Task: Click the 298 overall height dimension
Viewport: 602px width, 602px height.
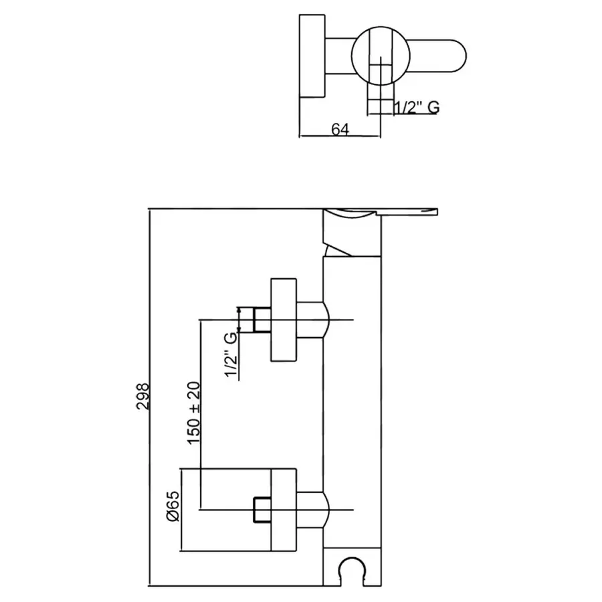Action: pyautogui.click(x=143, y=396)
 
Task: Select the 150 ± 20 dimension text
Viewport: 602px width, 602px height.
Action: pyautogui.click(x=194, y=413)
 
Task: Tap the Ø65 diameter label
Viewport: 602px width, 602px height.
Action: pyautogui.click(x=173, y=506)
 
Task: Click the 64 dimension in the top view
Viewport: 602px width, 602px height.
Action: pyautogui.click(x=340, y=129)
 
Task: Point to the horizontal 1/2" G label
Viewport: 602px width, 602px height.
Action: pyautogui.click(x=417, y=107)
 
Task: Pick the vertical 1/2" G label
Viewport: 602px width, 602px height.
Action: pyautogui.click(x=231, y=355)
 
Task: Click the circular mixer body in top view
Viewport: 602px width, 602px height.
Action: pyautogui.click(x=381, y=56)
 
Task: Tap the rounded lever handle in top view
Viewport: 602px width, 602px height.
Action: pyautogui.click(x=437, y=56)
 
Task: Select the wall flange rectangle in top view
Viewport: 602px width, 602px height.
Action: pyautogui.click(x=312, y=56)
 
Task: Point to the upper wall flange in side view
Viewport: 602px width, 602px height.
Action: pyautogui.click(x=284, y=320)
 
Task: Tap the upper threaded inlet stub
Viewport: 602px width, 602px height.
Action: pyautogui.click(x=262, y=320)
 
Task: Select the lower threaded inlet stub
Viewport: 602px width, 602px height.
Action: pyautogui.click(x=262, y=510)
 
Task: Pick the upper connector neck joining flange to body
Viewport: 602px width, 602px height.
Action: pyautogui.click(x=313, y=320)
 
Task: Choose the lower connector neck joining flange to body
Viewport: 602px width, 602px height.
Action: pyautogui.click(x=313, y=510)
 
